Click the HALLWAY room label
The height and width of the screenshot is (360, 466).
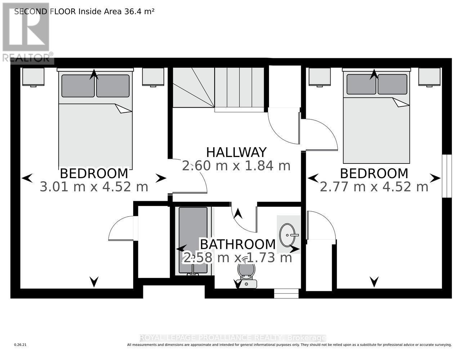(236, 152)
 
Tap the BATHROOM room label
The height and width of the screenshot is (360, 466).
(238, 244)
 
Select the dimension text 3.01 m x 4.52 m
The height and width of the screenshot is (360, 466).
(94, 187)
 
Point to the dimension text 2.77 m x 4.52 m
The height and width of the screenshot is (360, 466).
(374, 187)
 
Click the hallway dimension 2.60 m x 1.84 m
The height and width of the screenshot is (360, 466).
(236, 166)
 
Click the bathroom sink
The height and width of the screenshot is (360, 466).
(288, 234)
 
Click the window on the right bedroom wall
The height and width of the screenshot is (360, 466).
(447, 176)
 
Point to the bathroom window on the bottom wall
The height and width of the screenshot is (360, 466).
(286, 294)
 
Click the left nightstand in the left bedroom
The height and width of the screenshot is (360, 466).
(33, 77)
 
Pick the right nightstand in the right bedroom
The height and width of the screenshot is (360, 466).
(429, 77)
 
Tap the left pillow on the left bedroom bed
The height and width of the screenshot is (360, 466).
(78, 86)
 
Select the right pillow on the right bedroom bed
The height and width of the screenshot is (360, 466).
(392, 84)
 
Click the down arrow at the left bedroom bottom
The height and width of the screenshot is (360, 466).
(94, 282)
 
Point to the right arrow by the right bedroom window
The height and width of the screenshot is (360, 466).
(435, 178)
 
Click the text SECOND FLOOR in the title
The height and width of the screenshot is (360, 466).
(45, 11)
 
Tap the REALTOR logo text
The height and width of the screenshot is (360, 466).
(27, 58)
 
